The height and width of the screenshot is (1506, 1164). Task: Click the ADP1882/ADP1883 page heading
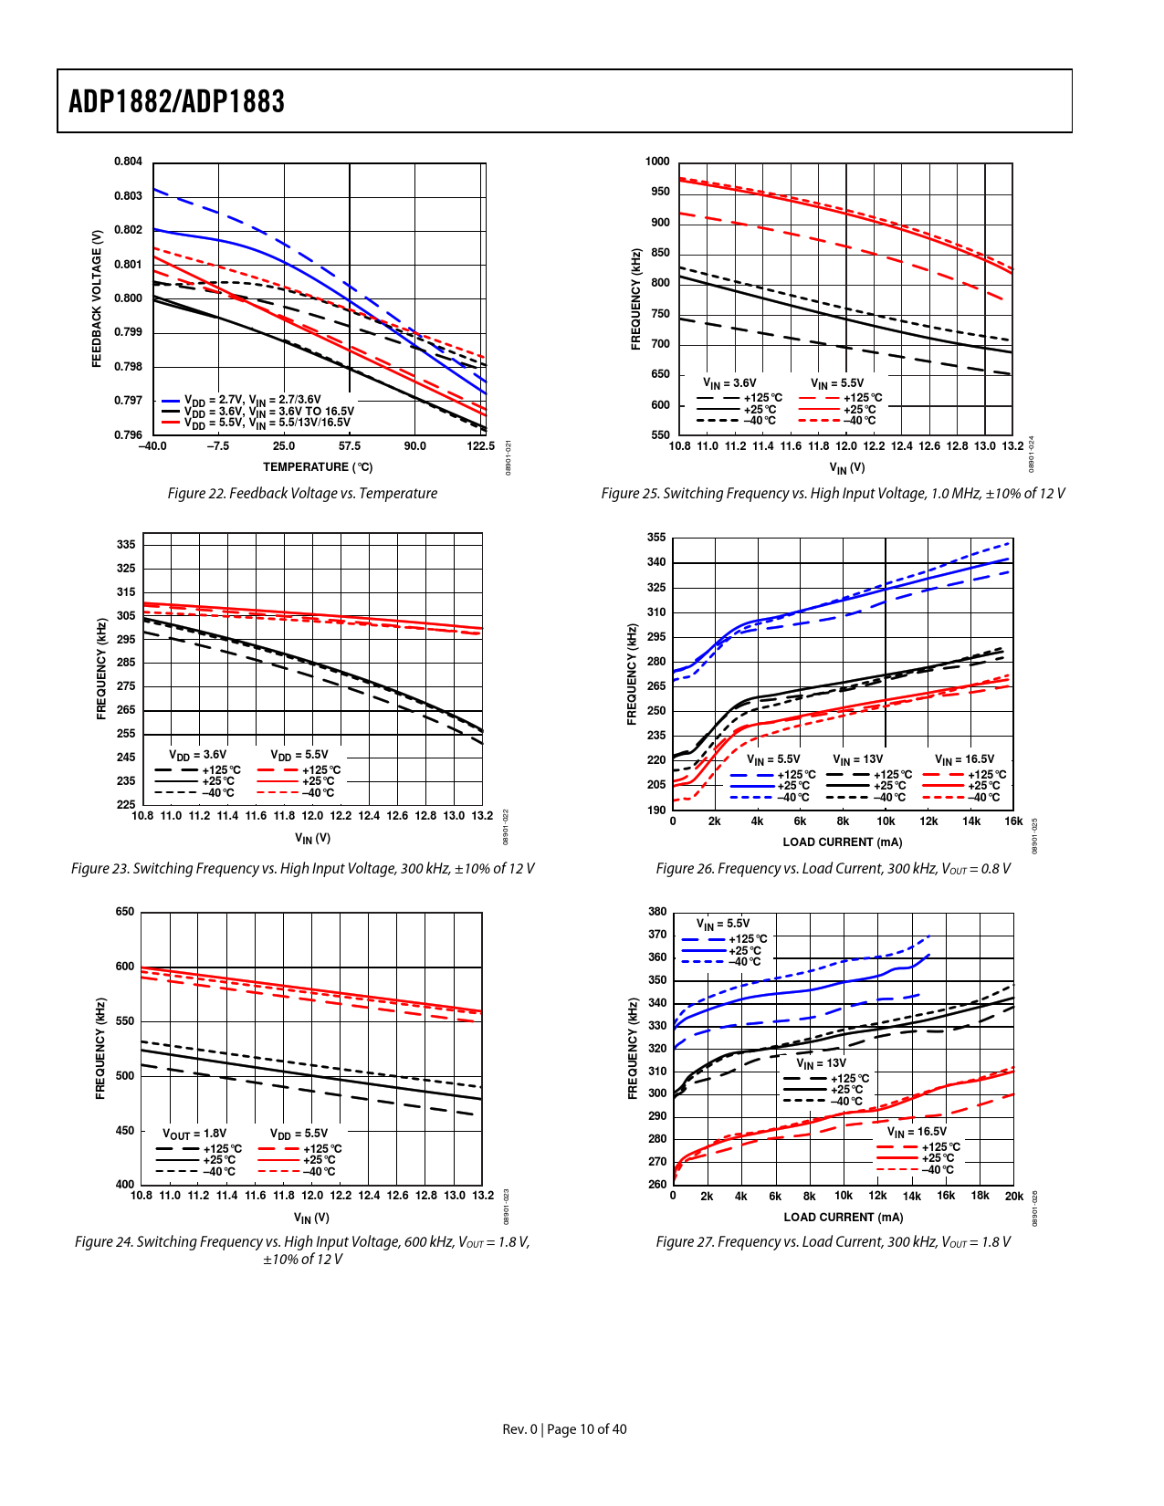pos(176,101)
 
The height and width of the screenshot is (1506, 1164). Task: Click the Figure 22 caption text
pos(302,494)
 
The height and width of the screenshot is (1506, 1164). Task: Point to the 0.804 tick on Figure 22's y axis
pos(128,162)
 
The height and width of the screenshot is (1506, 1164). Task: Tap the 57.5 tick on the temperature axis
pos(350,446)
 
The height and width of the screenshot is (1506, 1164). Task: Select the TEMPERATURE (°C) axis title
pos(318,467)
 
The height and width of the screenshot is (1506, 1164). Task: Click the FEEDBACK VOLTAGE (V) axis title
pos(97,298)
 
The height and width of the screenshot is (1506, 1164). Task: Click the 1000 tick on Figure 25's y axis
pos(657,162)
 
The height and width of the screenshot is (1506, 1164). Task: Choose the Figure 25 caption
pos(833,494)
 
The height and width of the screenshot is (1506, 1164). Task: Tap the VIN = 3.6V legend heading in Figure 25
pos(729,383)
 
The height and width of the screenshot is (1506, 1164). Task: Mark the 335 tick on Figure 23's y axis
pos(126,545)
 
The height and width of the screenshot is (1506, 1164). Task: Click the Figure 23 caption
pos(302,869)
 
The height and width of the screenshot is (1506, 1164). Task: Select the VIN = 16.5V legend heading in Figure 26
pos(964,759)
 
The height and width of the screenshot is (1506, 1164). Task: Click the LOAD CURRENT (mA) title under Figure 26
pos(842,842)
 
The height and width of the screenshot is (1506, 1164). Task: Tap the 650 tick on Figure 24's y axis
pos(125,912)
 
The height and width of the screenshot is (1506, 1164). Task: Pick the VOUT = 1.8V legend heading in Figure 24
pos(194,1134)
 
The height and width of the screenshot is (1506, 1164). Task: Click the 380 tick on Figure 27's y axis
pos(657,912)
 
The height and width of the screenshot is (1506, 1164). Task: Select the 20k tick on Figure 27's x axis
pos(1013,1196)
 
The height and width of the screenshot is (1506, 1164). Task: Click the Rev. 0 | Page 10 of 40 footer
pos(564,1429)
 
